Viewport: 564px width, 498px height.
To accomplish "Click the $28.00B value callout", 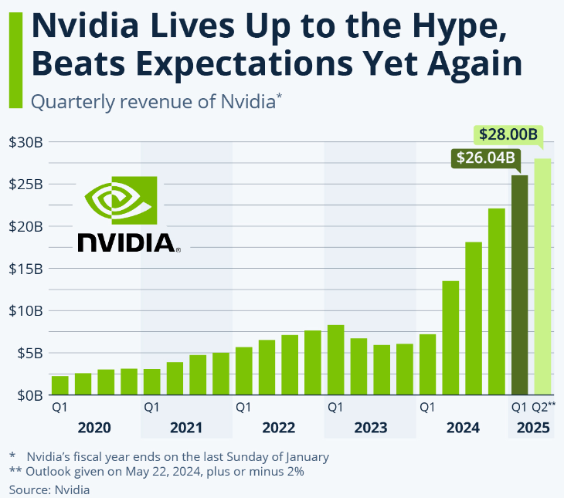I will pos(508,134).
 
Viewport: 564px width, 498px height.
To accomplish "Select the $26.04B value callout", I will pos(484,159).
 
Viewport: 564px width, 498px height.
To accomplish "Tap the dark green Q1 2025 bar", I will pos(519,286).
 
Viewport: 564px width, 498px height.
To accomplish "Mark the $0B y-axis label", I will pos(29,395).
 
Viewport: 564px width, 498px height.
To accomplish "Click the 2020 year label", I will pos(95,427).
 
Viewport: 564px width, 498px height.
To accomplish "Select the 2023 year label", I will pos(370,427).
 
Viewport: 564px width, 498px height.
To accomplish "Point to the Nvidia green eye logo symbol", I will pos(121,199).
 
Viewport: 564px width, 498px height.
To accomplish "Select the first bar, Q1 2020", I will pos(60,385).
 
